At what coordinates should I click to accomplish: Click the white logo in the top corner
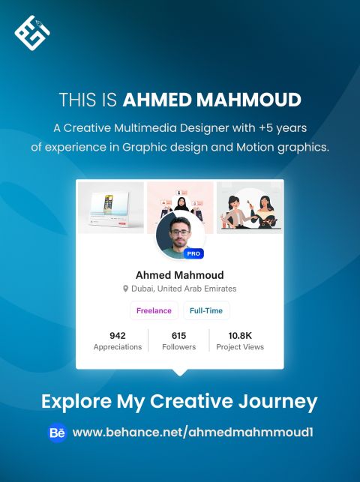pos(32,32)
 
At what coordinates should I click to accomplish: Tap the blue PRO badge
pos(193,253)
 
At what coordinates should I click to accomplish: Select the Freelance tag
pos(154,310)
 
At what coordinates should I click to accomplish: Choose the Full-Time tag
pos(206,310)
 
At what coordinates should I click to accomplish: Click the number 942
pos(118,335)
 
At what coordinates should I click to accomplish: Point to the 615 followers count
pos(179,335)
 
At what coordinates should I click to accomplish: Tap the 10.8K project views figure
pos(240,335)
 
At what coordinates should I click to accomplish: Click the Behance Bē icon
pos(58,433)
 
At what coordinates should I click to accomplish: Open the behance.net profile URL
pos(193,433)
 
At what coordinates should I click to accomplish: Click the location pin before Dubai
pos(125,289)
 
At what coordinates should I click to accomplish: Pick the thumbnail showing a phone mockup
pos(111,208)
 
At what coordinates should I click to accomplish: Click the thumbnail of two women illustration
pos(250,208)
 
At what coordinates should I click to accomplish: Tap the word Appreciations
pos(118,347)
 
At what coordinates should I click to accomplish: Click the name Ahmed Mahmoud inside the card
pos(180,275)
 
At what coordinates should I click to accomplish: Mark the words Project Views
pos(240,347)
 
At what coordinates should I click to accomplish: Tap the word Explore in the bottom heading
pos(76,402)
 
